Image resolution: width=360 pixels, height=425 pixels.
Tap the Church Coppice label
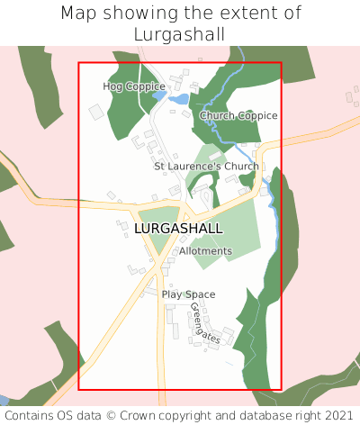point(238,115)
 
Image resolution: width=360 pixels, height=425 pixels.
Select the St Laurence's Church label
point(206,167)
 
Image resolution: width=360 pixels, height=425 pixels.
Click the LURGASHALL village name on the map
point(178,229)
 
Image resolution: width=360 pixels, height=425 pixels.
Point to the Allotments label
point(205,251)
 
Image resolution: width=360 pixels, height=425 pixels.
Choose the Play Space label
point(188,294)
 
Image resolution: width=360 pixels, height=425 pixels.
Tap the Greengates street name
point(205,322)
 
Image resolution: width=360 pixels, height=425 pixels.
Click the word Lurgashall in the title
point(180,34)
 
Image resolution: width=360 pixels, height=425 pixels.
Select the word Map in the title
point(81,14)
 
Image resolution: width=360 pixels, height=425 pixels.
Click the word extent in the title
point(245,14)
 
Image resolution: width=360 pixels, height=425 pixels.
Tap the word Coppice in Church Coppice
point(257,115)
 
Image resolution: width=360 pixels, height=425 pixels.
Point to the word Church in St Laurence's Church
point(238,167)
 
